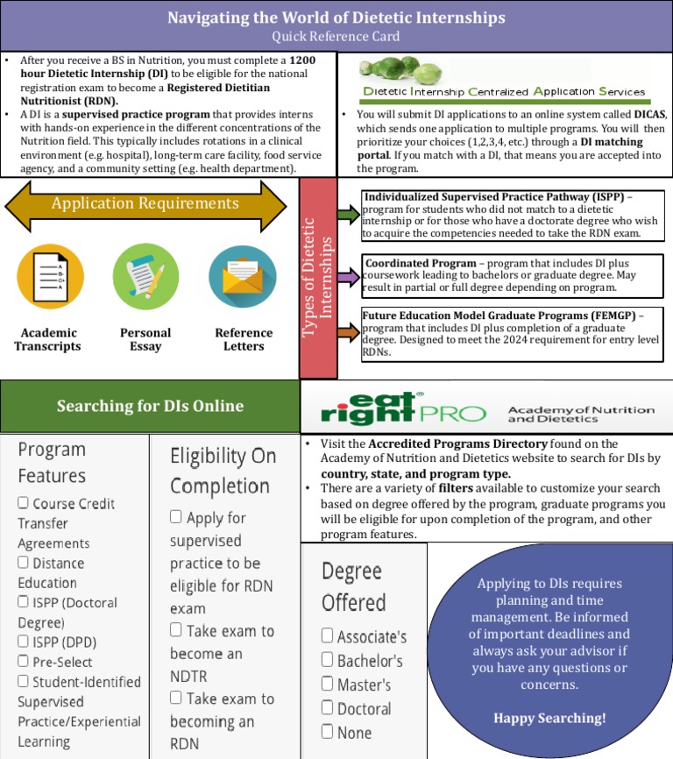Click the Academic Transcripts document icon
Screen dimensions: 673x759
pos(51,278)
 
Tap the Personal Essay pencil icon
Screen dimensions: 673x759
pos(145,278)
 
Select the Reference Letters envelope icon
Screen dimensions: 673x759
pos(243,278)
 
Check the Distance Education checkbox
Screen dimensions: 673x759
pos(24,563)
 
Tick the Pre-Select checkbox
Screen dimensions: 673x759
pos(24,662)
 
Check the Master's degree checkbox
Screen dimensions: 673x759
pos(328,685)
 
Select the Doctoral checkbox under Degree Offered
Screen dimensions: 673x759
pos(328,708)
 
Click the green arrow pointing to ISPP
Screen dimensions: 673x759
pos(348,214)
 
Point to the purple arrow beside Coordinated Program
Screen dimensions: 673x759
pos(348,277)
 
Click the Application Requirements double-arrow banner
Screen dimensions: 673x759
pos(145,204)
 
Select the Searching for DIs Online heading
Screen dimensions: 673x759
pos(150,406)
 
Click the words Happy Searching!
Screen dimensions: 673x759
pos(549,719)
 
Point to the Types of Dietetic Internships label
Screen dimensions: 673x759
pos(318,278)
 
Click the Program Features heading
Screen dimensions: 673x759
pos(52,462)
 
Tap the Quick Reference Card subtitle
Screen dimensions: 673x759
pos(336,36)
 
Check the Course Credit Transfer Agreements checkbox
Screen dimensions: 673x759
pos(24,503)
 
